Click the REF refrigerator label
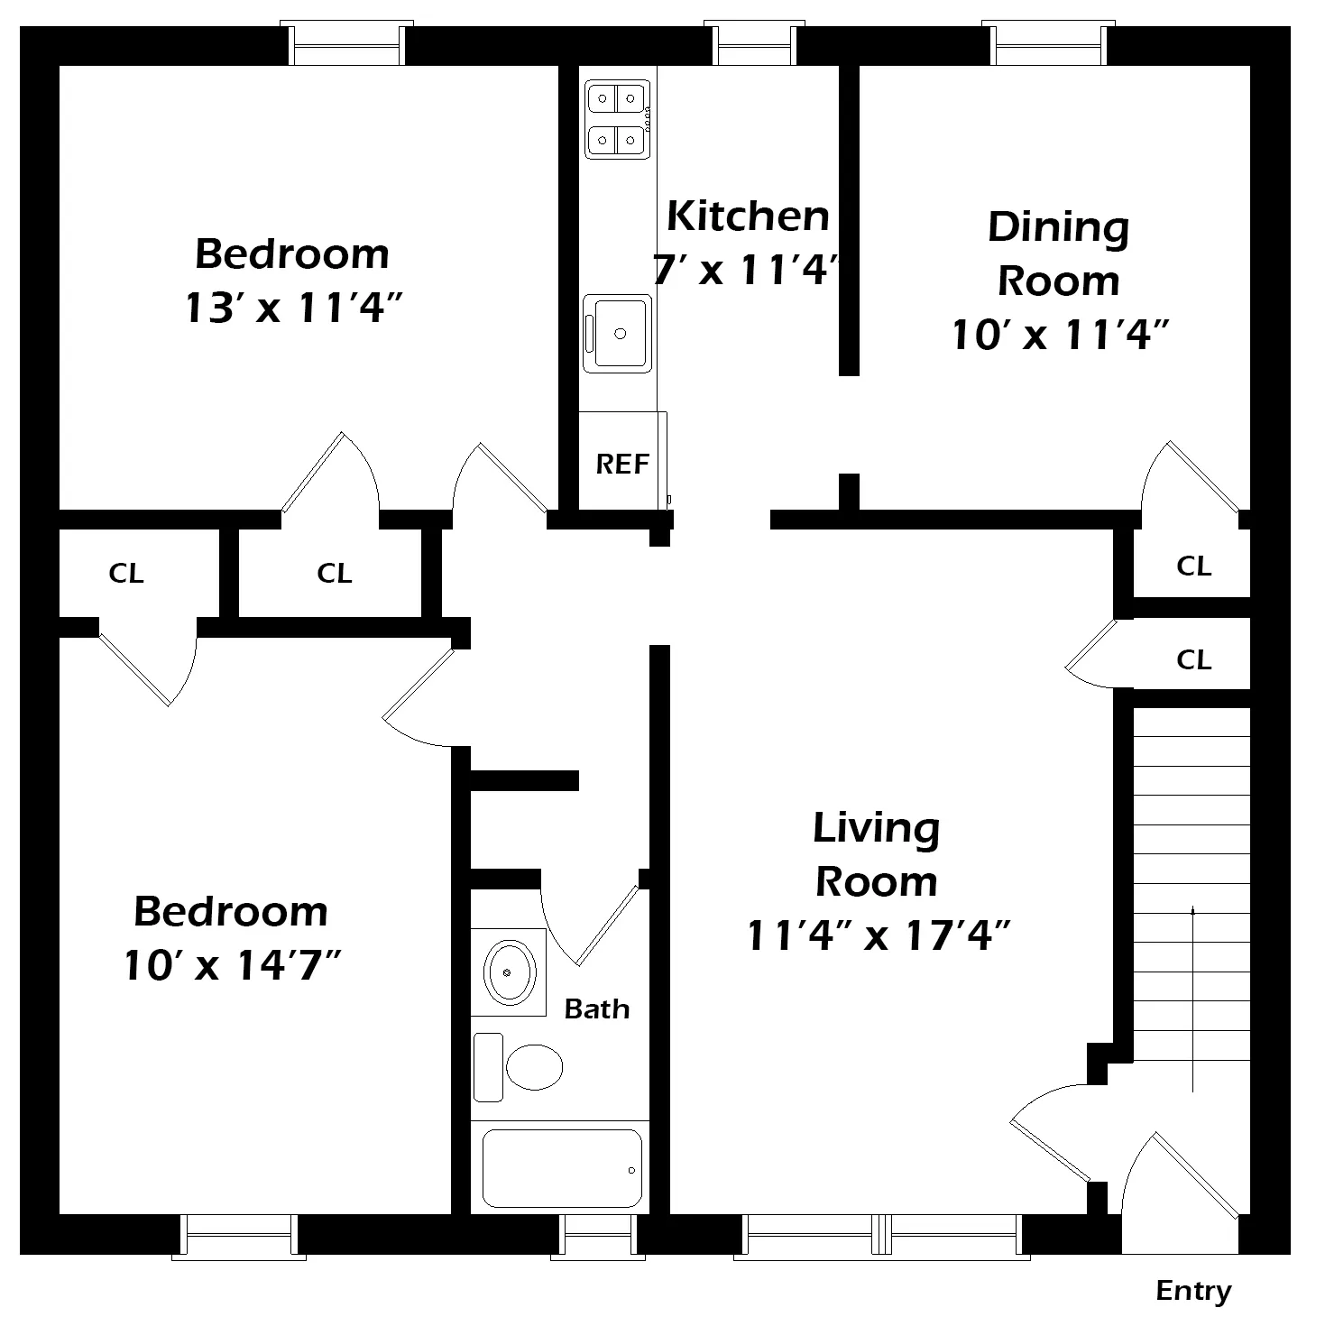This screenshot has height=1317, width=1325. click(x=621, y=465)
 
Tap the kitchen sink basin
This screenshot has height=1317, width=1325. click(x=617, y=334)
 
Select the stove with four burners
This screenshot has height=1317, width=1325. click(x=618, y=119)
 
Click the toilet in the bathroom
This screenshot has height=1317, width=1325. click(x=518, y=1066)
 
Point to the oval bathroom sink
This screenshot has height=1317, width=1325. click(x=509, y=972)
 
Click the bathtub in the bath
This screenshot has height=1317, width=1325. click(x=562, y=1168)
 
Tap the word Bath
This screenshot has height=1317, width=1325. click(x=597, y=1008)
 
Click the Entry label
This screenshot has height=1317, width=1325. click(x=1193, y=1292)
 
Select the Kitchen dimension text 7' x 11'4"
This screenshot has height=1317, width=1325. click(x=746, y=269)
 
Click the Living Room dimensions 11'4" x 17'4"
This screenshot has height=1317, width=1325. click(x=878, y=935)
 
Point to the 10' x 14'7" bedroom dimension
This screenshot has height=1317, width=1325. click(x=233, y=964)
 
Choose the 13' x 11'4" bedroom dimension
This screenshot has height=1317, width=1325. click(x=293, y=307)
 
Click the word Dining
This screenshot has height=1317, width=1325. click(x=1058, y=228)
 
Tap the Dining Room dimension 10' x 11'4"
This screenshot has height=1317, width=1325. click(x=1061, y=335)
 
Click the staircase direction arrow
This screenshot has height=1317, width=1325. click(x=1192, y=999)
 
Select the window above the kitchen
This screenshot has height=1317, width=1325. click(x=754, y=43)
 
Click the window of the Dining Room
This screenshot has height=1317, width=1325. click(x=1048, y=43)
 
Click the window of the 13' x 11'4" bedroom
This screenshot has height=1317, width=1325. click(x=346, y=43)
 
